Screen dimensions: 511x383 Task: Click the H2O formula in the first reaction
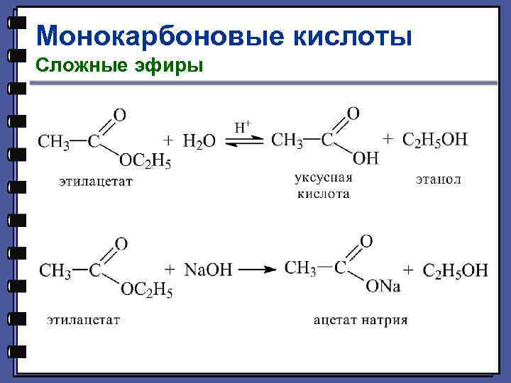tap(199, 142)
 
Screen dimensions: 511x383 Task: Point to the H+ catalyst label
tap(243, 128)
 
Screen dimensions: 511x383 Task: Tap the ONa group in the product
tap(383, 286)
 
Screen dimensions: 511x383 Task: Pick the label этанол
tap(438, 179)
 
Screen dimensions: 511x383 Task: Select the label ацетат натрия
tap(361, 320)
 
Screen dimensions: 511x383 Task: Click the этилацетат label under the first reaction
tap(95, 182)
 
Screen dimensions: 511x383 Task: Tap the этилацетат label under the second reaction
tap(83, 320)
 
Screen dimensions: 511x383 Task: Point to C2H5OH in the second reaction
tap(455, 270)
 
